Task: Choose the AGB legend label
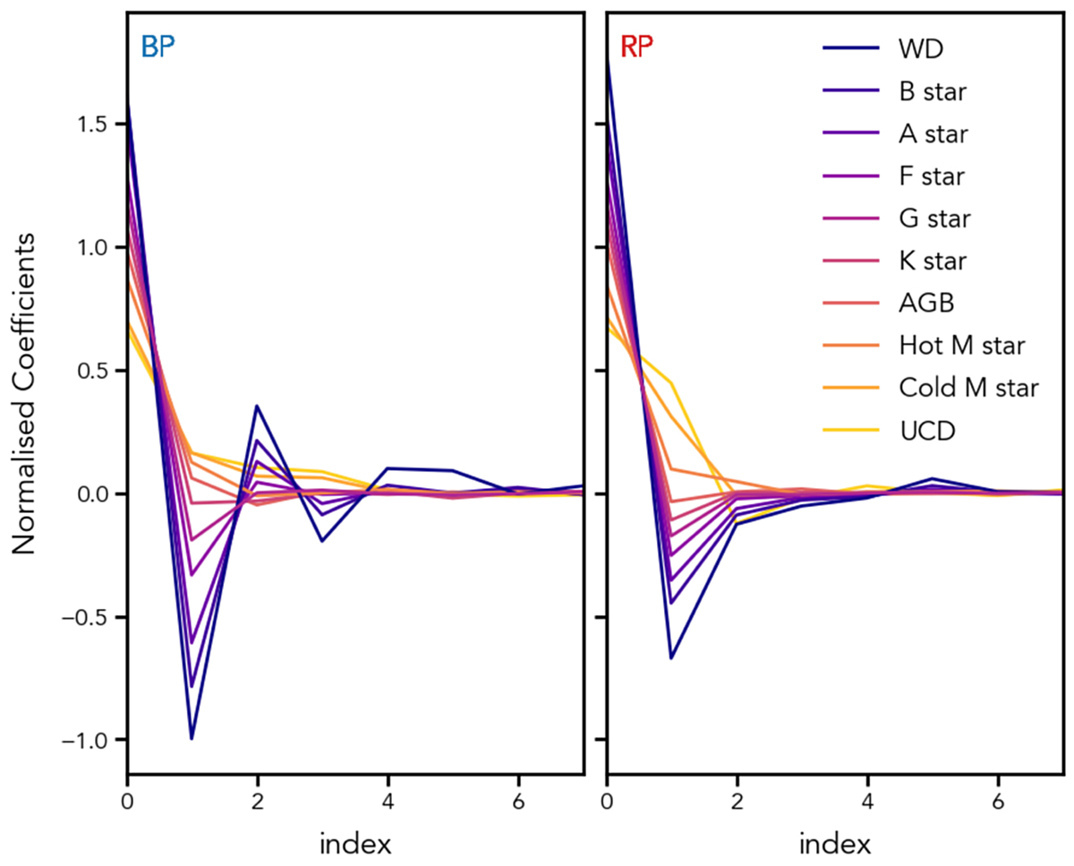pos(926,304)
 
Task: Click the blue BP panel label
pos(157,47)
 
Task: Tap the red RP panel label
pos(637,47)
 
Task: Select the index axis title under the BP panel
pos(355,843)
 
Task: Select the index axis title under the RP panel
pos(835,843)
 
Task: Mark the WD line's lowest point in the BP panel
pos(192,739)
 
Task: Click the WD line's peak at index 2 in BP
pos(257,406)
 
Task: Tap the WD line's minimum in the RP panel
pos(671,658)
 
